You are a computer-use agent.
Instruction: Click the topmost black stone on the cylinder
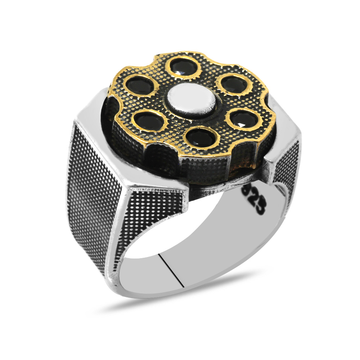point(183,67)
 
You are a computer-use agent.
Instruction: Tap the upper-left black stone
point(140,85)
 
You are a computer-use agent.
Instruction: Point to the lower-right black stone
point(242,120)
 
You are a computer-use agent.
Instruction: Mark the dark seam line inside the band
point(172,270)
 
